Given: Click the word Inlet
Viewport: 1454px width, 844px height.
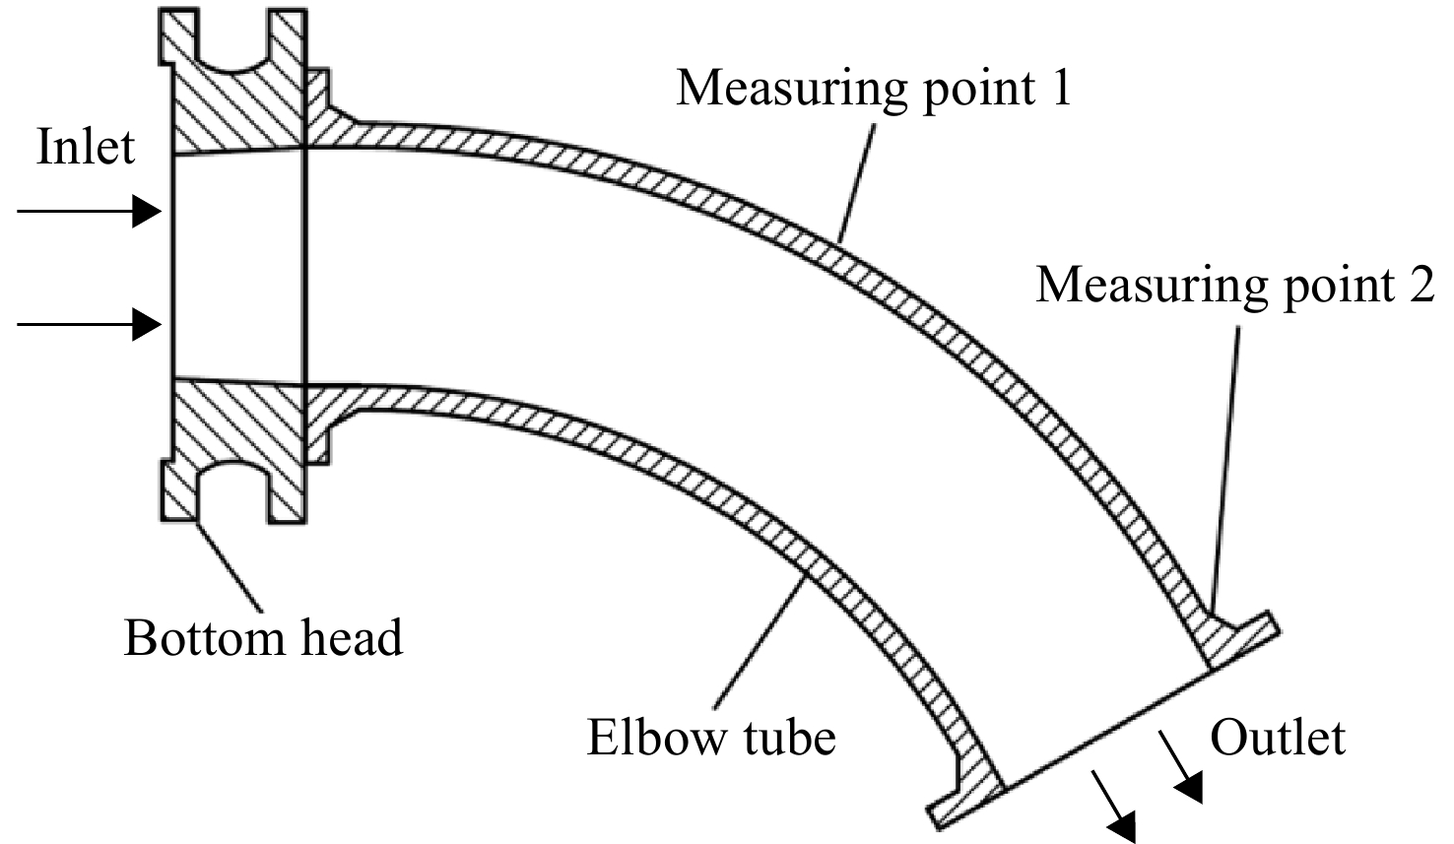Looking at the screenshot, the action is pos(86,148).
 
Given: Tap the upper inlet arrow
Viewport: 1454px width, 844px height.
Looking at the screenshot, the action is pos(89,211).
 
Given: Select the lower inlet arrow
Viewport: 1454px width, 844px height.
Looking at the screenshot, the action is pos(89,324).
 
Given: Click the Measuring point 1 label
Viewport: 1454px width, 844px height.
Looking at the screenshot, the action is pos(873,89).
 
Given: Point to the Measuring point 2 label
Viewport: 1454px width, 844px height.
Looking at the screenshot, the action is pos(1234,286).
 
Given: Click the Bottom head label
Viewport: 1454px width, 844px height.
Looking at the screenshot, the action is pos(264,638).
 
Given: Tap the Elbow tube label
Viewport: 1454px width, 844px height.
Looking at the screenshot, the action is pos(711,738).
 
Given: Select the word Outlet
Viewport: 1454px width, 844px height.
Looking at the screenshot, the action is pos(1278,738).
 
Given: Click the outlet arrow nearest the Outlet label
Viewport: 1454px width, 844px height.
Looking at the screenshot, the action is pos(1181,767).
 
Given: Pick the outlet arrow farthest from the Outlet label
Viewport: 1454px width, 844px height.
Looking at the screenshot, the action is pos(1114,807).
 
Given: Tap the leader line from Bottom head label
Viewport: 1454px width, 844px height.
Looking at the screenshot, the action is pos(229,565).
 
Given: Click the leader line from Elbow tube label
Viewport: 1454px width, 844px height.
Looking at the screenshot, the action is pos(760,641).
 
